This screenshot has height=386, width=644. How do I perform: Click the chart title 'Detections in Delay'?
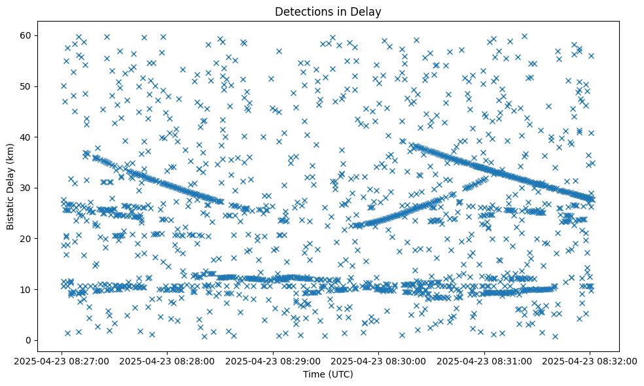tap(328, 12)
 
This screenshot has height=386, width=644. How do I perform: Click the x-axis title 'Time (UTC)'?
tap(328, 374)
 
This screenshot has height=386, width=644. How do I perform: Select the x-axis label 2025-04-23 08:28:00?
tap(168, 360)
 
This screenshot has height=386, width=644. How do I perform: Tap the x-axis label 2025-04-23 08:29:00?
tap(274, 360)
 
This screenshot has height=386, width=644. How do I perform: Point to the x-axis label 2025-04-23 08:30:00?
tap(379, 360)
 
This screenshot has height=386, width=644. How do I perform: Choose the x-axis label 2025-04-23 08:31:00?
tap(484, 360)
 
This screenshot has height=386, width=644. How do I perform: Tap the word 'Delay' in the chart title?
tap(368, 12)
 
